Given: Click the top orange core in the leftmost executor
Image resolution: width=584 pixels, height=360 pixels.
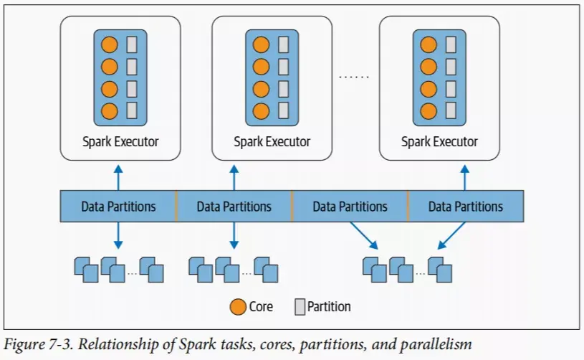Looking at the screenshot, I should tap(109, 44).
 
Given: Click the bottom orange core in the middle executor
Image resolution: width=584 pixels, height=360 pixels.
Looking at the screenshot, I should tap(262, 111).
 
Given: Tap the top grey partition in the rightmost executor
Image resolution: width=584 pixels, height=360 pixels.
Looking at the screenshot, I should tap(451, 44).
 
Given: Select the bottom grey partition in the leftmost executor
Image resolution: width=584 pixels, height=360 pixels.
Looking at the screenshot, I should tap(132, 111).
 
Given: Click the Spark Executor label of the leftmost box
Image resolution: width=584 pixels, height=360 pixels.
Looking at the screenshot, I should tap(120, 141).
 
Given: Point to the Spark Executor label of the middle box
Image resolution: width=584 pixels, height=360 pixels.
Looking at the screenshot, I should tap(272, 141).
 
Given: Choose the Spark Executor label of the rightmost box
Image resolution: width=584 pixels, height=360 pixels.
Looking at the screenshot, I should tap(439, 141).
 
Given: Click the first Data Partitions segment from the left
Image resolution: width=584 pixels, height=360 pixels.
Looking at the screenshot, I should tap(118, 207).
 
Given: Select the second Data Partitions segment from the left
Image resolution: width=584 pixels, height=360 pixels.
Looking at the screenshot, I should tap(234, 207).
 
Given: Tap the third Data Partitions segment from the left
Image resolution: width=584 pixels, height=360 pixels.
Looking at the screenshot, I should tap(350, 207).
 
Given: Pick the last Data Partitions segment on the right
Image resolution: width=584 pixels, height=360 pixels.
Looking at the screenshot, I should tap(466, 207).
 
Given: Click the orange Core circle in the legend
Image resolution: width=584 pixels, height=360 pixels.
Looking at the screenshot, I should tap(239, 307).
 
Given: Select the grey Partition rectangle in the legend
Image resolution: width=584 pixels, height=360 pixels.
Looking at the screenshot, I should tap(300, 307).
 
